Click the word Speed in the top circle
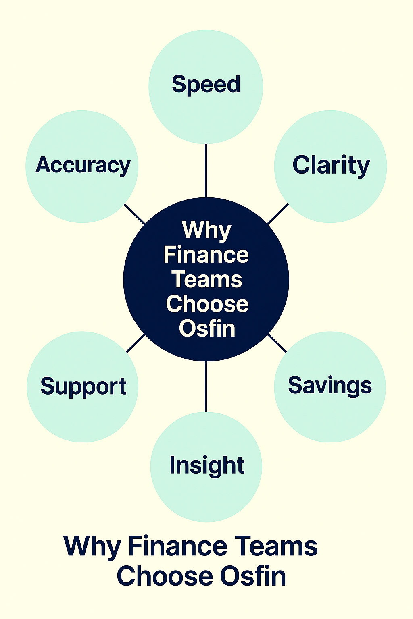(x=206, y=85)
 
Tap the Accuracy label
(x=83, y=165)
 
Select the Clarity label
(x=331, y=165)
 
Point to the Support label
(x=83, y=386)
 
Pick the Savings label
(x=330, y=386)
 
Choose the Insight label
(x=207, y=465)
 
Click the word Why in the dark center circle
(x=206, y=230)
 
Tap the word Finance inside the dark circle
(x=206, y=255)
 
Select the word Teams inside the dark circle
(x=207, y=280)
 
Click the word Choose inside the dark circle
(x=207, y=304)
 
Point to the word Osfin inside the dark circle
(x=207, y=328)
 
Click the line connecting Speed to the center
(x=206, y=170)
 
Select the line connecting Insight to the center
(x=206, y=386)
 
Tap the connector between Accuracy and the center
(x=134, y=214)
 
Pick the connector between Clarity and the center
(x=278, y=214)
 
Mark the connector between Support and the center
(x=136, y=343)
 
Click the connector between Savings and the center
(x=277, y=343)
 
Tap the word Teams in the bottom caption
(x=276, y=547)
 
